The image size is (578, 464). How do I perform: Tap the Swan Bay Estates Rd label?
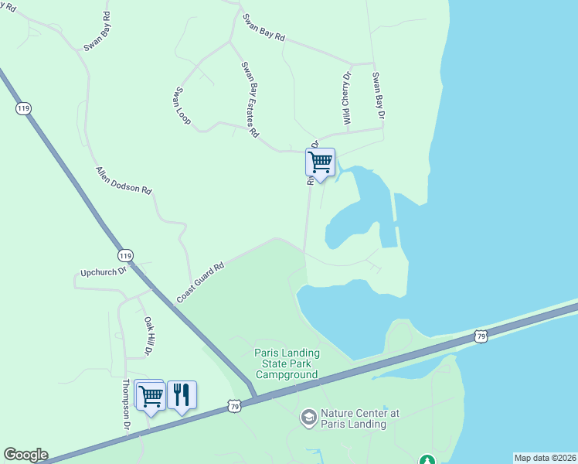tap(249, 99)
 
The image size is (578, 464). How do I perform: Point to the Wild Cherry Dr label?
tap(346, 98)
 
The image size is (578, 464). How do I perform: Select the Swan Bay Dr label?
tap(379, 96)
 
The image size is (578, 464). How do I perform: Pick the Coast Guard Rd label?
tap(200, 281)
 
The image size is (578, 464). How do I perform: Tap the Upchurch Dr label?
tap(102, 273)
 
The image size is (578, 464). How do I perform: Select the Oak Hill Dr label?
tap(147, 336)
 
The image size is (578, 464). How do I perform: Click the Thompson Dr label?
tap(125, 405)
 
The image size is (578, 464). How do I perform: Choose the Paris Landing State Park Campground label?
tap(287, 363)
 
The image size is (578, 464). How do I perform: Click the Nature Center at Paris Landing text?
tap(353, 418)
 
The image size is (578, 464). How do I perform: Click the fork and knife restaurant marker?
tap(181, 395)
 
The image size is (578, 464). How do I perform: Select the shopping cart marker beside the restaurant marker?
tap(150, 396)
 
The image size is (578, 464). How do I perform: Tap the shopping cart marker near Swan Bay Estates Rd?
tap(319, 162)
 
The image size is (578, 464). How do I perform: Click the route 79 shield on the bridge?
tap(481, 336)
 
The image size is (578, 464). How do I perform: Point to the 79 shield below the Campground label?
tap(235, 405)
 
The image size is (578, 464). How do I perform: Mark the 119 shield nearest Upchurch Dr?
tap(125, 254)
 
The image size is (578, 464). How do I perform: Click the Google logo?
tap(25, 455)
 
